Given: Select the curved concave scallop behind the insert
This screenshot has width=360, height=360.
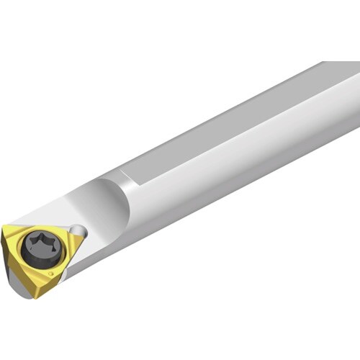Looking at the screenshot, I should pyautogui.click(x=108, y=205).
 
